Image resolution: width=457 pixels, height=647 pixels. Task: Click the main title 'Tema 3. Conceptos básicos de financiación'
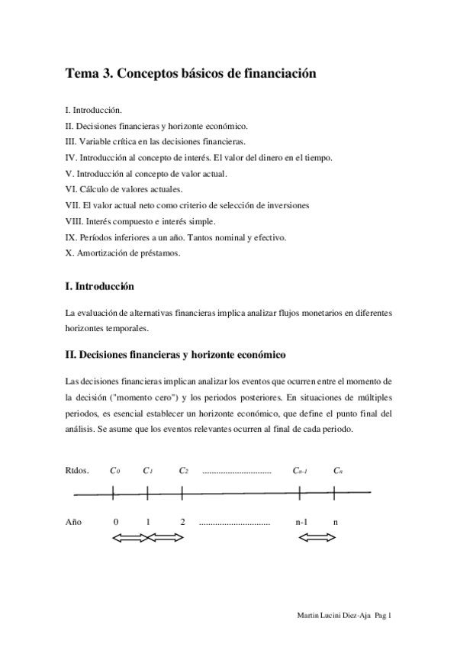pos(191,74)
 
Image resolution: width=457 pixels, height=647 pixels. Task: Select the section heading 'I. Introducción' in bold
pos(100,287)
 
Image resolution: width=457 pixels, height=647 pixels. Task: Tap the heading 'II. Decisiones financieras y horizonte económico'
pos(175,355)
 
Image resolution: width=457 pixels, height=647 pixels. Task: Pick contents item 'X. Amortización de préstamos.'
pos(123,253)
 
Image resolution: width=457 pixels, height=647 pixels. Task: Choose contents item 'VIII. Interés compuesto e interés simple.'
pos(140,221)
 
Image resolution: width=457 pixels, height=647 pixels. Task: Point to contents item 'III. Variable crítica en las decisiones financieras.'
pos(156,142)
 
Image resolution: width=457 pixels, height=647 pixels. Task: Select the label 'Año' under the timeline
pos(73,523)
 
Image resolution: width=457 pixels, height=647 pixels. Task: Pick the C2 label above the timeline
pos(183,470)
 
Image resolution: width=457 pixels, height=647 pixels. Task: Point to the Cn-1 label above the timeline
pos(300,470)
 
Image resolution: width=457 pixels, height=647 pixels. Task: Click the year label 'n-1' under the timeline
pos(301,523)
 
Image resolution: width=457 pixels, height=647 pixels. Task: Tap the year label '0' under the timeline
pos(115,523)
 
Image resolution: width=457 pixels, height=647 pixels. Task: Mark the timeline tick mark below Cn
pos(336,494)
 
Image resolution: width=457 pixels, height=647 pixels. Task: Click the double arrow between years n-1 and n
pos(317,539)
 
